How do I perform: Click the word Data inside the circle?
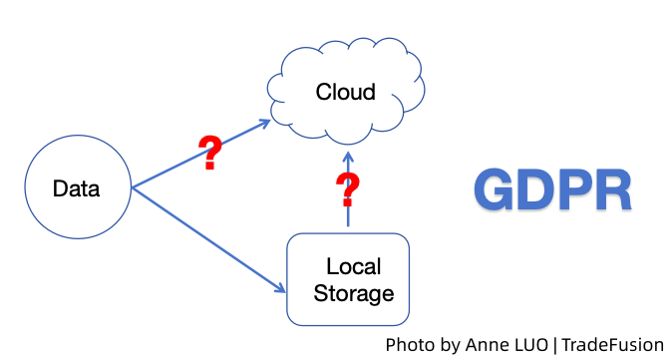pyautogui.click(x=76, y=188)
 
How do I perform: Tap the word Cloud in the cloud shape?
pyautogui.click(x=345, y=93)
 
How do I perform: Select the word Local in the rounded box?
pyautogui.click(x=354, y=267)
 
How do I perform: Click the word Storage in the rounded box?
pyautogui.click(x=353, y=293)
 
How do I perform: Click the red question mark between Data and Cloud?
pyautogui.click(x=209, y=154)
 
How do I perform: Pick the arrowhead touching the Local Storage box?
pyautogui.click(x=280, y=290)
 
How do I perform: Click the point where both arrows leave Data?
pyautogui.click(x=132, y=187)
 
